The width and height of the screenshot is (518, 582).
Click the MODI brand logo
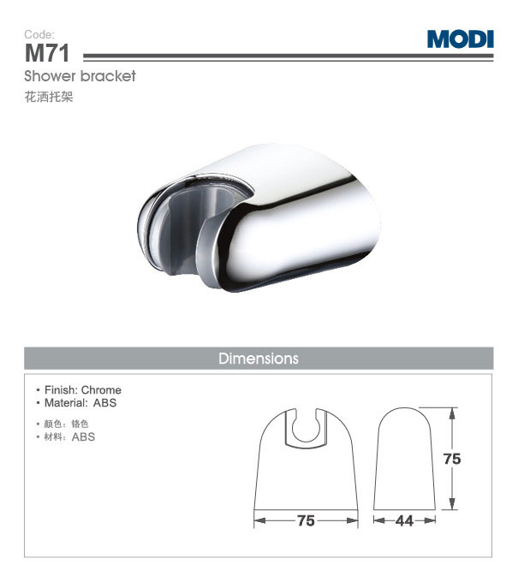pos(460,39)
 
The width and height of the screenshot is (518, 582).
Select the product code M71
pos(47,53)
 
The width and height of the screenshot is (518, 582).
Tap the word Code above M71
pos(39,34)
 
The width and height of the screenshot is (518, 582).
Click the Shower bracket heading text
pos(80,76)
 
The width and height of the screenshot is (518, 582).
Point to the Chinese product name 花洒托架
pos(49,97)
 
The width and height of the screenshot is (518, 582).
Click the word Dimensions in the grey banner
pos(259,359)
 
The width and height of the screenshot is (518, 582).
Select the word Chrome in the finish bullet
pos(101,390)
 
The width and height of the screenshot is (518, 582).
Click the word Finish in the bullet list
pos(60,390)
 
